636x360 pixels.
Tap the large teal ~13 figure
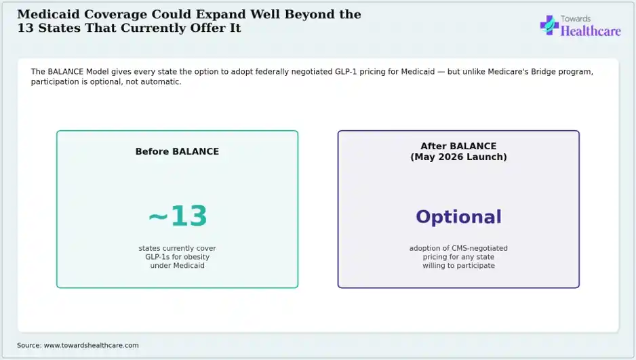click(178, 216)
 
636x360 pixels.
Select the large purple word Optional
click(458, 218)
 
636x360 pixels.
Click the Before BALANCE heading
click(177, 152)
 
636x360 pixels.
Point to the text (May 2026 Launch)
click(458, 157)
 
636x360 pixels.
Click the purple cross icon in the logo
click(549, 25)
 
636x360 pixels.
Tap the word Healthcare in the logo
click(591, 31)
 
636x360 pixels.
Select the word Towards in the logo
click(576, 19)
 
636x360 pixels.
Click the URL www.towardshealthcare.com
click(92, 345)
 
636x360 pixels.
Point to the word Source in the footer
click(28, 345)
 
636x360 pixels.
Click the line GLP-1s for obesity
click(177, 257)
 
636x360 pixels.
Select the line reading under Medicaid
click(177, 266)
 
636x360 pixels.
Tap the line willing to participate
click(458, 266)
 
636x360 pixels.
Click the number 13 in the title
click(26, 28)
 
